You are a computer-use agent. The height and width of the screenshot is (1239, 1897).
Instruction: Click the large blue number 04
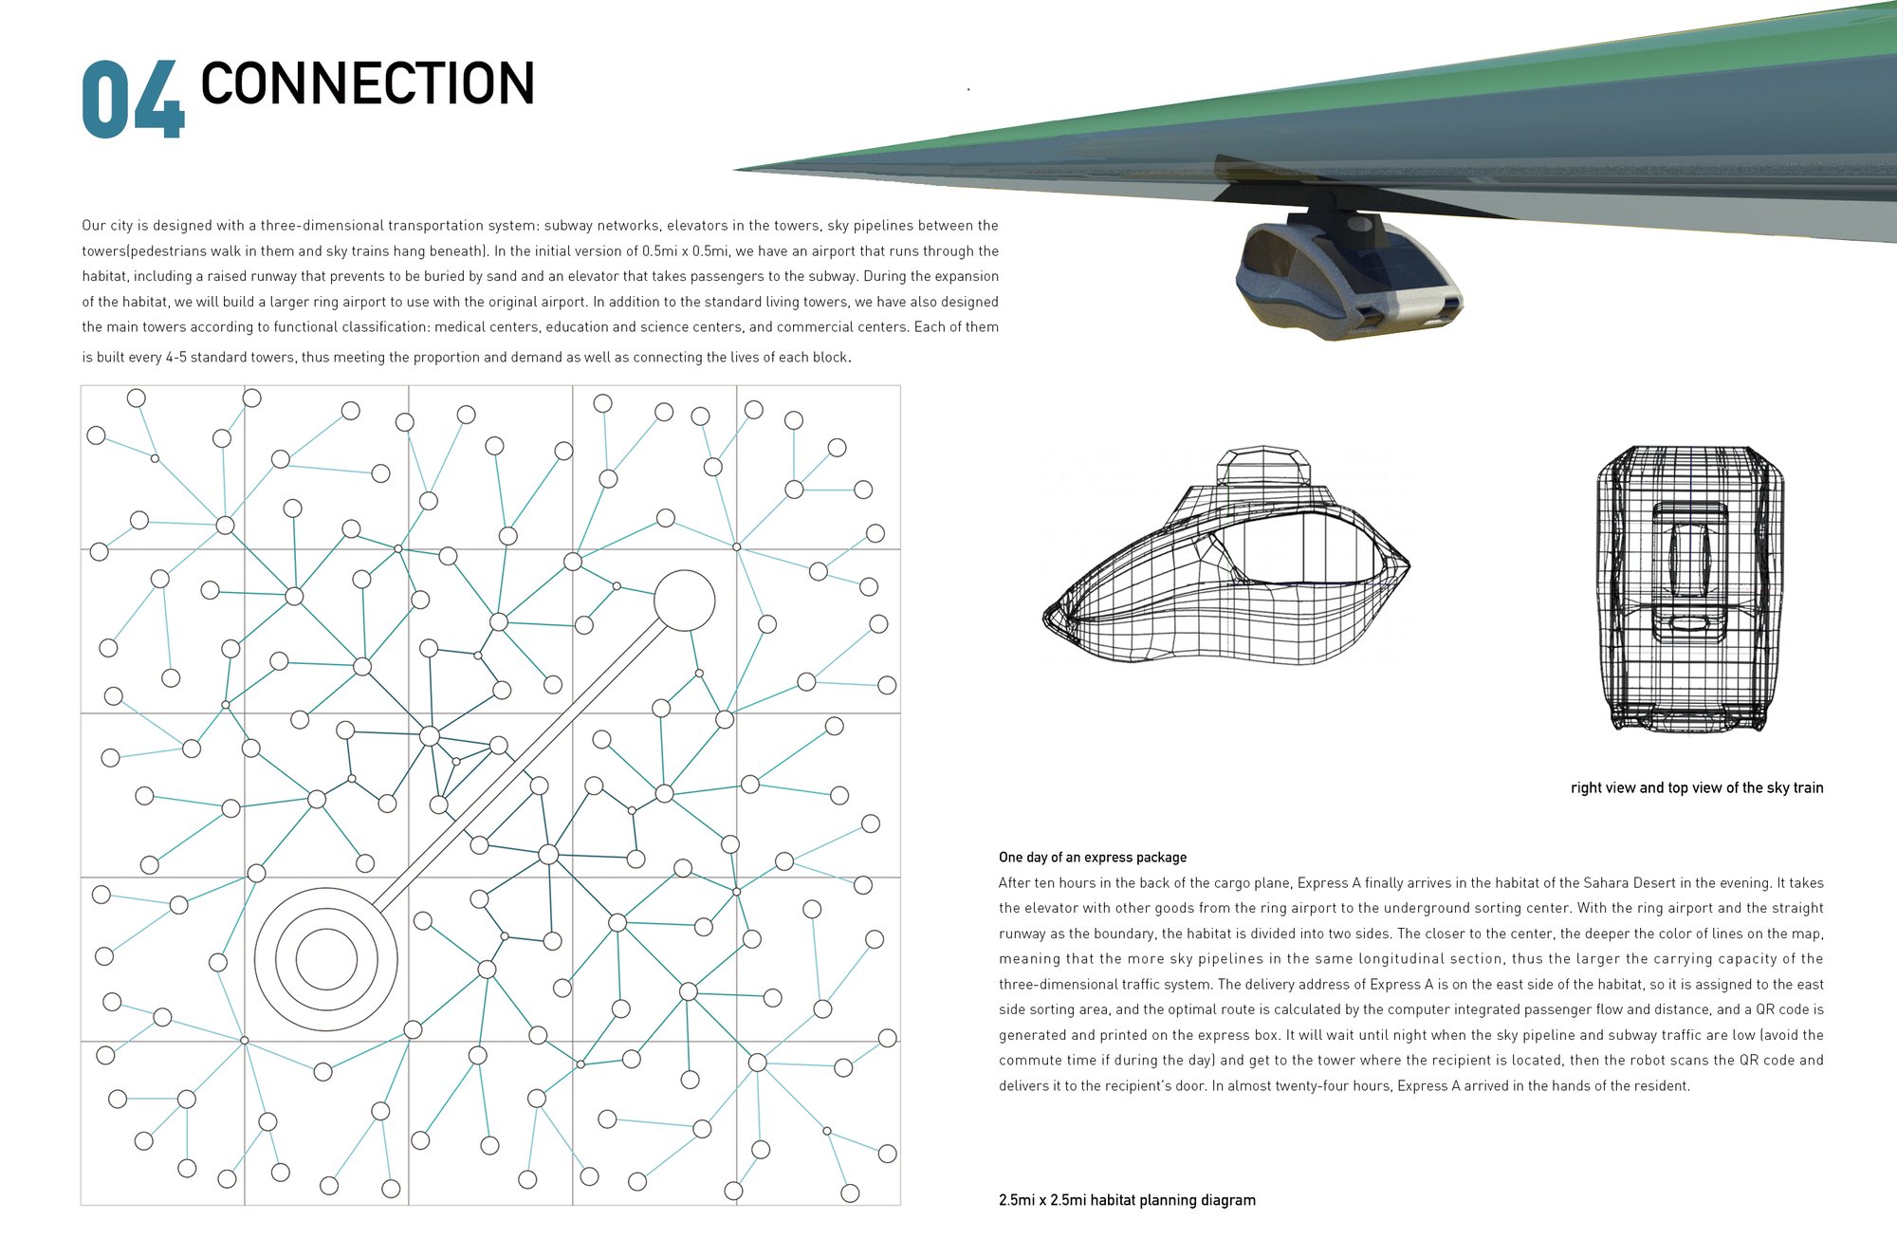click(x=133, y=101)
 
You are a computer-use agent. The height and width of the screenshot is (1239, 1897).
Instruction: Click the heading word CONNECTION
click(x=368, y=83)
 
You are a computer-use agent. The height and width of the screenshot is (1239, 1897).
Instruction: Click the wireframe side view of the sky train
click(x=1225, y=554)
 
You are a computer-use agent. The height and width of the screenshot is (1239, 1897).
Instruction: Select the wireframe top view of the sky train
click(x=1689, y=588)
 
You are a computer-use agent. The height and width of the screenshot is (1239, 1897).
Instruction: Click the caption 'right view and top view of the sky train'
click(x=1697, y=787)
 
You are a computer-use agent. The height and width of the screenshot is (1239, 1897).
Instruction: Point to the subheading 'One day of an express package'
click(x=1093, y=858)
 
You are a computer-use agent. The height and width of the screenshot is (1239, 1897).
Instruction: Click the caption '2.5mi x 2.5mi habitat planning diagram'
click(x=1127, y=1200)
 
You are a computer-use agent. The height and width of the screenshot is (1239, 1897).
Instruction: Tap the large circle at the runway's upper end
click(x=684, y=601)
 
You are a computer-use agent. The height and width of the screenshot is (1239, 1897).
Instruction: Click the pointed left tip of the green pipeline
click(x=734, y=170)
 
